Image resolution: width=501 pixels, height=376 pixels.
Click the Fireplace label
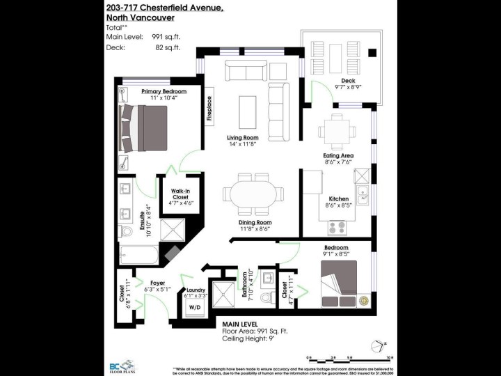click(x=209, y=109)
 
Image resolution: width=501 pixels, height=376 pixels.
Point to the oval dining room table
click(x=252, y=197)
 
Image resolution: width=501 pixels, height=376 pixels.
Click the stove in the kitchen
click(x=337, y=228)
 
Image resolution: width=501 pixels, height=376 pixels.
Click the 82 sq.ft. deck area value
click(x=167, y=47)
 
